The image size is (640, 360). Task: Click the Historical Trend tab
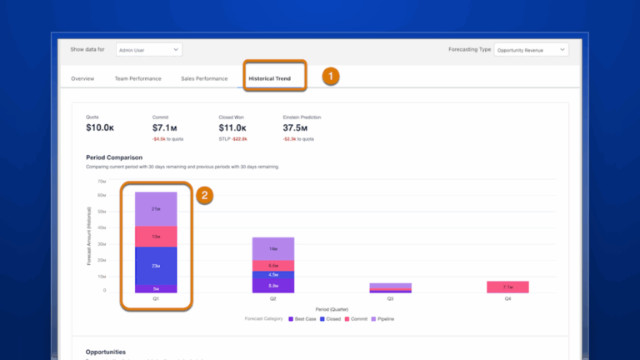[x=269, y=78]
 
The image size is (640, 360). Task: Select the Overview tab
[x=82, y=78]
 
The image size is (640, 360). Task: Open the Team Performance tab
[x=138, y=78]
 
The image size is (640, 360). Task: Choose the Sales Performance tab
[x=204, y=78]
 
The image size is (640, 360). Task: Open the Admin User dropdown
[x=148, y=50]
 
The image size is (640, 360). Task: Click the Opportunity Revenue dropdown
[x=531, y=50]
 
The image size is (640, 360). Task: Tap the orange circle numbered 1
[x=330, y=77]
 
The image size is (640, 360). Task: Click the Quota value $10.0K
[x=100, y=127]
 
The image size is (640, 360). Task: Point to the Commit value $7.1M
[x=165, y=127]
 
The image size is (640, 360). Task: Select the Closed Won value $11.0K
[x=232, y=127]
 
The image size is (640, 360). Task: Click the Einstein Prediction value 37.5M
[x=296, y=127]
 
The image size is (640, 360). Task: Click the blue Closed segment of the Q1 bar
[x=156, y=265]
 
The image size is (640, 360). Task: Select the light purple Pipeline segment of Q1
[x=156, y=208]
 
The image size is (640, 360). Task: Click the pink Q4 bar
[x=507, y=287]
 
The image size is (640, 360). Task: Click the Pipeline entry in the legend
[x=382, y=318]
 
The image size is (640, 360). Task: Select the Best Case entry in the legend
[x=302, y=318]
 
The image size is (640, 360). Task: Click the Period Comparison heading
[x=114, y=157]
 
